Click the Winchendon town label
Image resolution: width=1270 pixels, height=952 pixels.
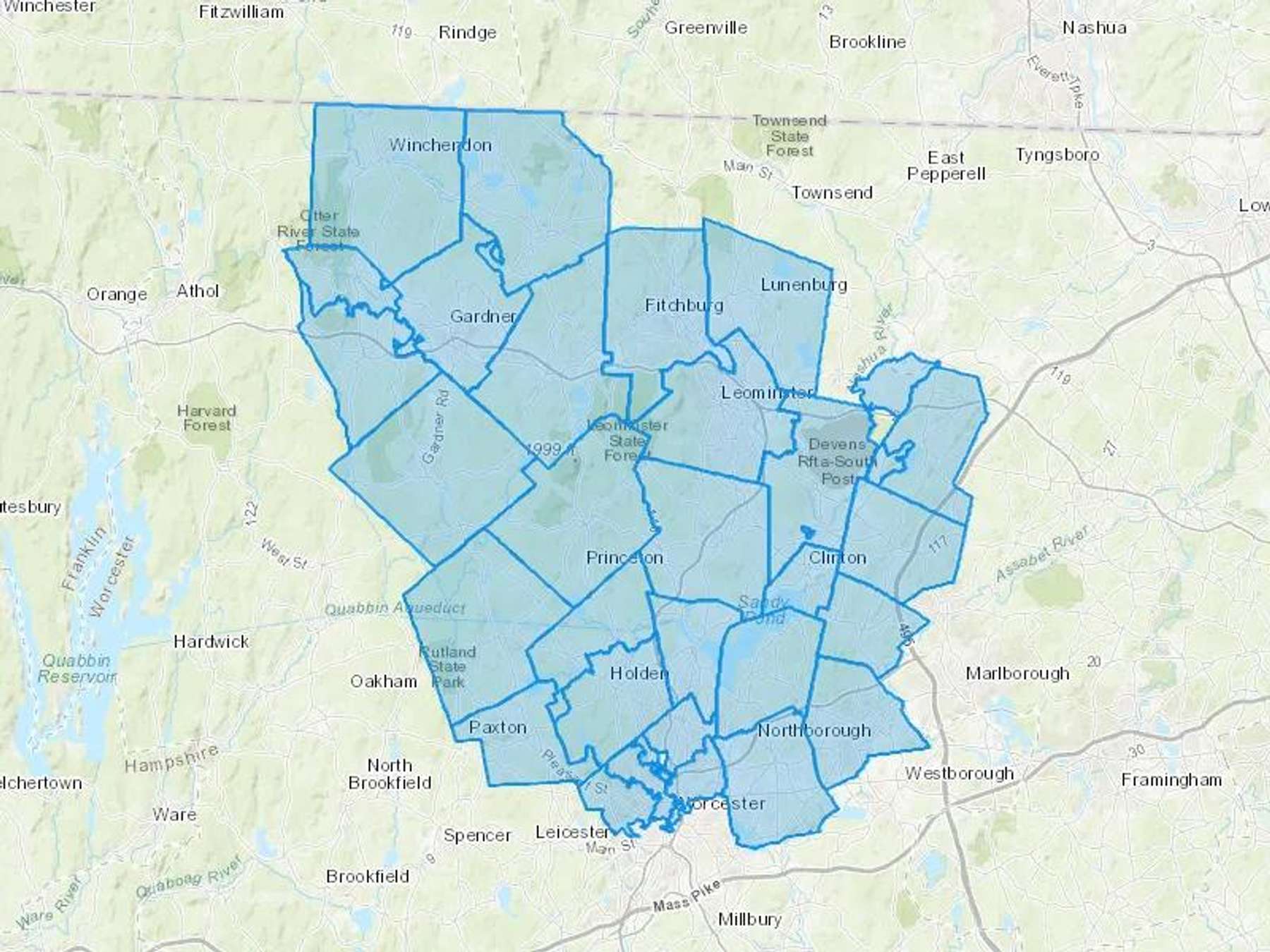(440, 145)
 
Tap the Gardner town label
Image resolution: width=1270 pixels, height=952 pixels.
(483, 317)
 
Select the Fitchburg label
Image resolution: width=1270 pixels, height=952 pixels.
(684, 305)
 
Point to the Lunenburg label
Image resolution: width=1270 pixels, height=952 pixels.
(804, 285)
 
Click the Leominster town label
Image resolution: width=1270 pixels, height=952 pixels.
(767, 393)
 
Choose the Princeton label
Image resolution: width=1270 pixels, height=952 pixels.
(624, 558)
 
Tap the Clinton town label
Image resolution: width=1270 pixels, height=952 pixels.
(837, 558)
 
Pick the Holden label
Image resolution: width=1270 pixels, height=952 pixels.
(639, 673)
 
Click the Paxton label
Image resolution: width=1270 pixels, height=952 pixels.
(497, 728)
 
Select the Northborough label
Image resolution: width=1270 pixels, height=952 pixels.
(814, 731)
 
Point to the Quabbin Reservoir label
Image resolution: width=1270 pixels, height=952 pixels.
(76, 669)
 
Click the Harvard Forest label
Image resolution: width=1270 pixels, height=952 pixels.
(206, 418)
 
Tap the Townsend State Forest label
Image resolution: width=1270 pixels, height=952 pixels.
(790, 135)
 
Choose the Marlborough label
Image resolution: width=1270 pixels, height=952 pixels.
(1017, 673)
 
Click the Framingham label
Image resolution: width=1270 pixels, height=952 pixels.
(1171, 780)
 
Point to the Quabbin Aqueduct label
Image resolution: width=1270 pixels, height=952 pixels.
(395, 608)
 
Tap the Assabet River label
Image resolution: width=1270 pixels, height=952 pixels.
(1042, 554)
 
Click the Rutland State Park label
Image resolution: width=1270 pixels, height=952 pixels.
(447, 666)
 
